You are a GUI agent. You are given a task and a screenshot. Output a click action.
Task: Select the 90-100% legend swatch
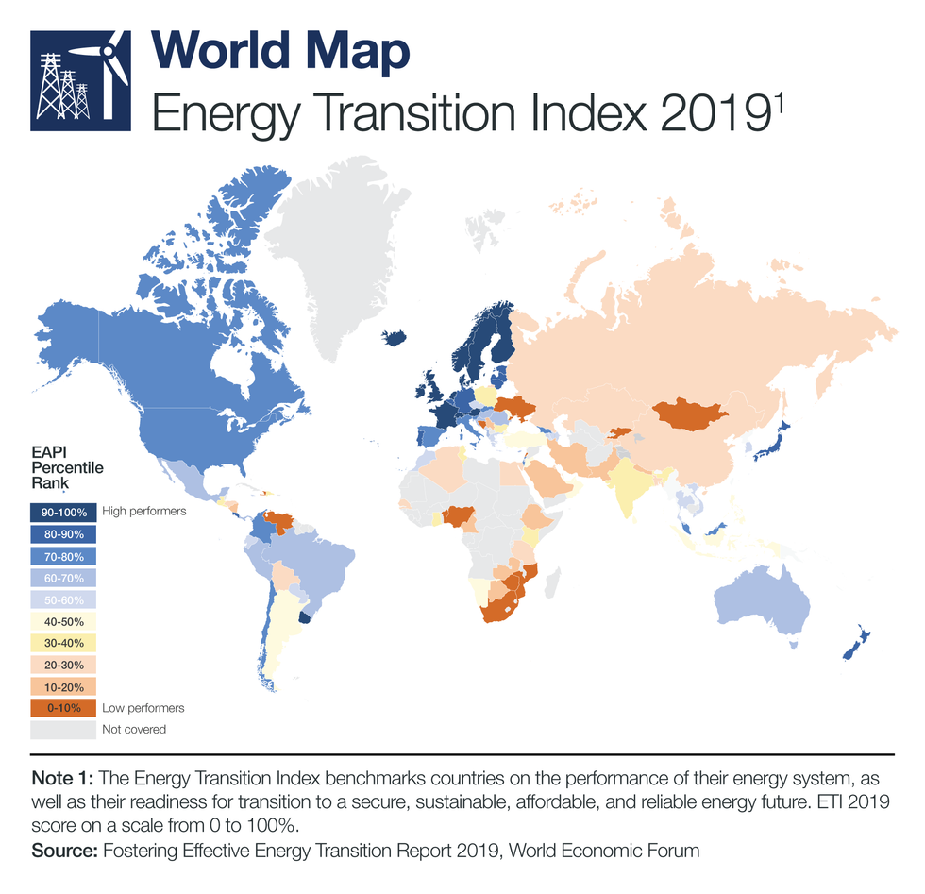click(x=62, y=512)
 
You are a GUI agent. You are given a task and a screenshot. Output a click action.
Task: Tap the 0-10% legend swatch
click(x=62, y=707)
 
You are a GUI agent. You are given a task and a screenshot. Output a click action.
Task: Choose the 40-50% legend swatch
click(x=62, y=621)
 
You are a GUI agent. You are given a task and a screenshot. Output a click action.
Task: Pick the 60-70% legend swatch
click(x=62, y=577)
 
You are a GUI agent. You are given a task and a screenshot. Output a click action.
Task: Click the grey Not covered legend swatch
click(x=62, y=729)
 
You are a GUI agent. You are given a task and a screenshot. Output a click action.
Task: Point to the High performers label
click(x=143, y=511)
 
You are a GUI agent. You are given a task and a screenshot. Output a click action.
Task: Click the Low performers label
click(x=143, y=707)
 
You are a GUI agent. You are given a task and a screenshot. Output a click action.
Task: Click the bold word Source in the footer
click(x=64, y=851)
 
